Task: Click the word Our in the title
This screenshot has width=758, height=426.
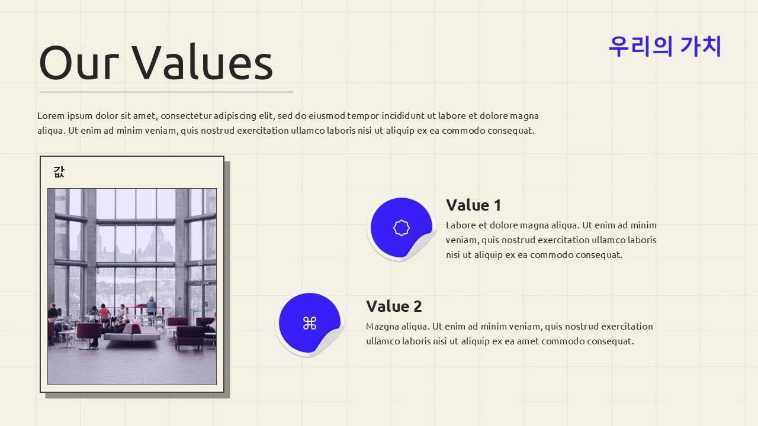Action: (79, 63)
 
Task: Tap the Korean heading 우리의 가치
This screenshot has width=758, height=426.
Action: (664, 46)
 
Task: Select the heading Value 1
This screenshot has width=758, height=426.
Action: (473, 205)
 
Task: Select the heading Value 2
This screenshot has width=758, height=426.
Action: (394, 306)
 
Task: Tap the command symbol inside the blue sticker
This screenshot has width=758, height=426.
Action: (310, 323)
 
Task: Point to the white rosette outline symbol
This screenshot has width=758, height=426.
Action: (402, 228)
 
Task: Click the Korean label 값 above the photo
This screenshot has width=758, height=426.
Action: (59, 172)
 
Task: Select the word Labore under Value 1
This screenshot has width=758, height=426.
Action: (461, 225)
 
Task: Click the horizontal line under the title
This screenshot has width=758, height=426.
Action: (166, 92)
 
